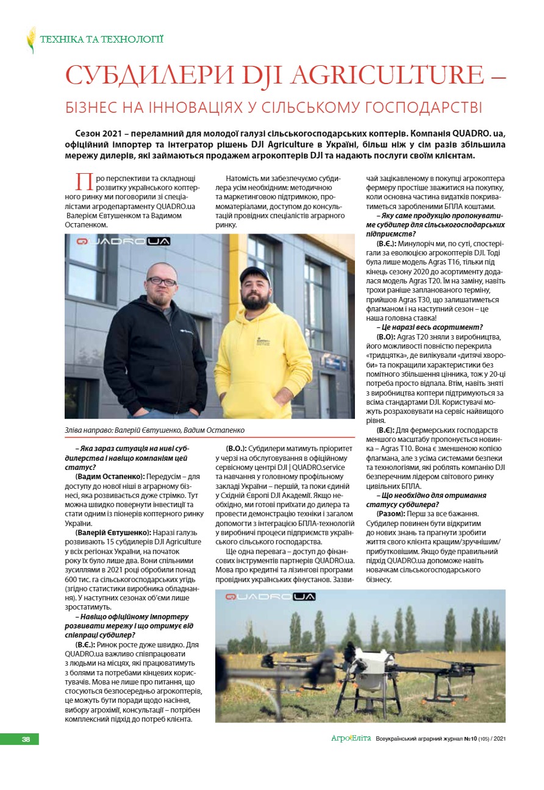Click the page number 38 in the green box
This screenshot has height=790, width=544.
[26, 739]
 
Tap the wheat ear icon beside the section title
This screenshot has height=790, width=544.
[31, 40]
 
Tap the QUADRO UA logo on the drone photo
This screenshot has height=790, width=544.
[270, 597]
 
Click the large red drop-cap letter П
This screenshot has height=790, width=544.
[84, 182]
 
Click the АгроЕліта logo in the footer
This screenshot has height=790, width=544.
[351, 739]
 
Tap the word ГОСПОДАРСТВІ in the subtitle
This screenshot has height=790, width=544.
[415, 107]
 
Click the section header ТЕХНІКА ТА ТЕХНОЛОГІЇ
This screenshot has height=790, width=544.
[101, 40]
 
